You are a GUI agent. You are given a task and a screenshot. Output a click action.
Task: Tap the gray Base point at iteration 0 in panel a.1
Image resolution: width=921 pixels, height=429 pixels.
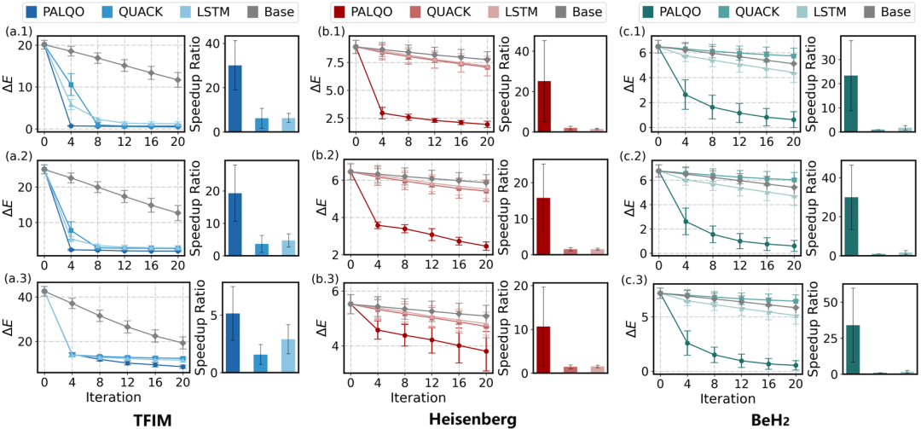(44, 44)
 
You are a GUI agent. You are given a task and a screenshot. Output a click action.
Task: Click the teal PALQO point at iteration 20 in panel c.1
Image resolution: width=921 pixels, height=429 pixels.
(793, 119)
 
